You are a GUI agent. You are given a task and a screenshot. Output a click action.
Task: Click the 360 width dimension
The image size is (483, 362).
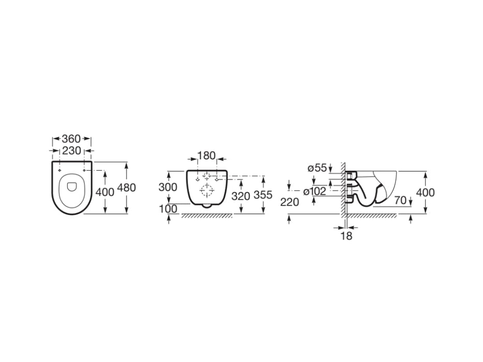(x=71, y=139)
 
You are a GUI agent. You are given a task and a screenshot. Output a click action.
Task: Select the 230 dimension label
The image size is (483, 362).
(x=71, y=151)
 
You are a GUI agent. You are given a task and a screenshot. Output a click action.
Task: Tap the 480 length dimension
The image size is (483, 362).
(x=127, y=187)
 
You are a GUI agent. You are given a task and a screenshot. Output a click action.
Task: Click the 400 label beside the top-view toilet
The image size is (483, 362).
(x=105, y=192)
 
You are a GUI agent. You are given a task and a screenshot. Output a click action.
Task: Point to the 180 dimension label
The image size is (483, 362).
(x=206, y=156)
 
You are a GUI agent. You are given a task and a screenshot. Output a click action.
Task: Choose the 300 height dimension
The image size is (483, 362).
(x=168, y=187)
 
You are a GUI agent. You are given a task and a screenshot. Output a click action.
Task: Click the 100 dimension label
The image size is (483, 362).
(x=168, y=209)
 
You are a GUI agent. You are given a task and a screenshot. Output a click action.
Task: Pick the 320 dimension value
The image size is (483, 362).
(x=241, y=196)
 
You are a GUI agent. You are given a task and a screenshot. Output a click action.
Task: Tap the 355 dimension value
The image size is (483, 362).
(x=263, y=195)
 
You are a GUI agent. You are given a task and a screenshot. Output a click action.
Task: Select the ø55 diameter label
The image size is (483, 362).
(x=317, y=168)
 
